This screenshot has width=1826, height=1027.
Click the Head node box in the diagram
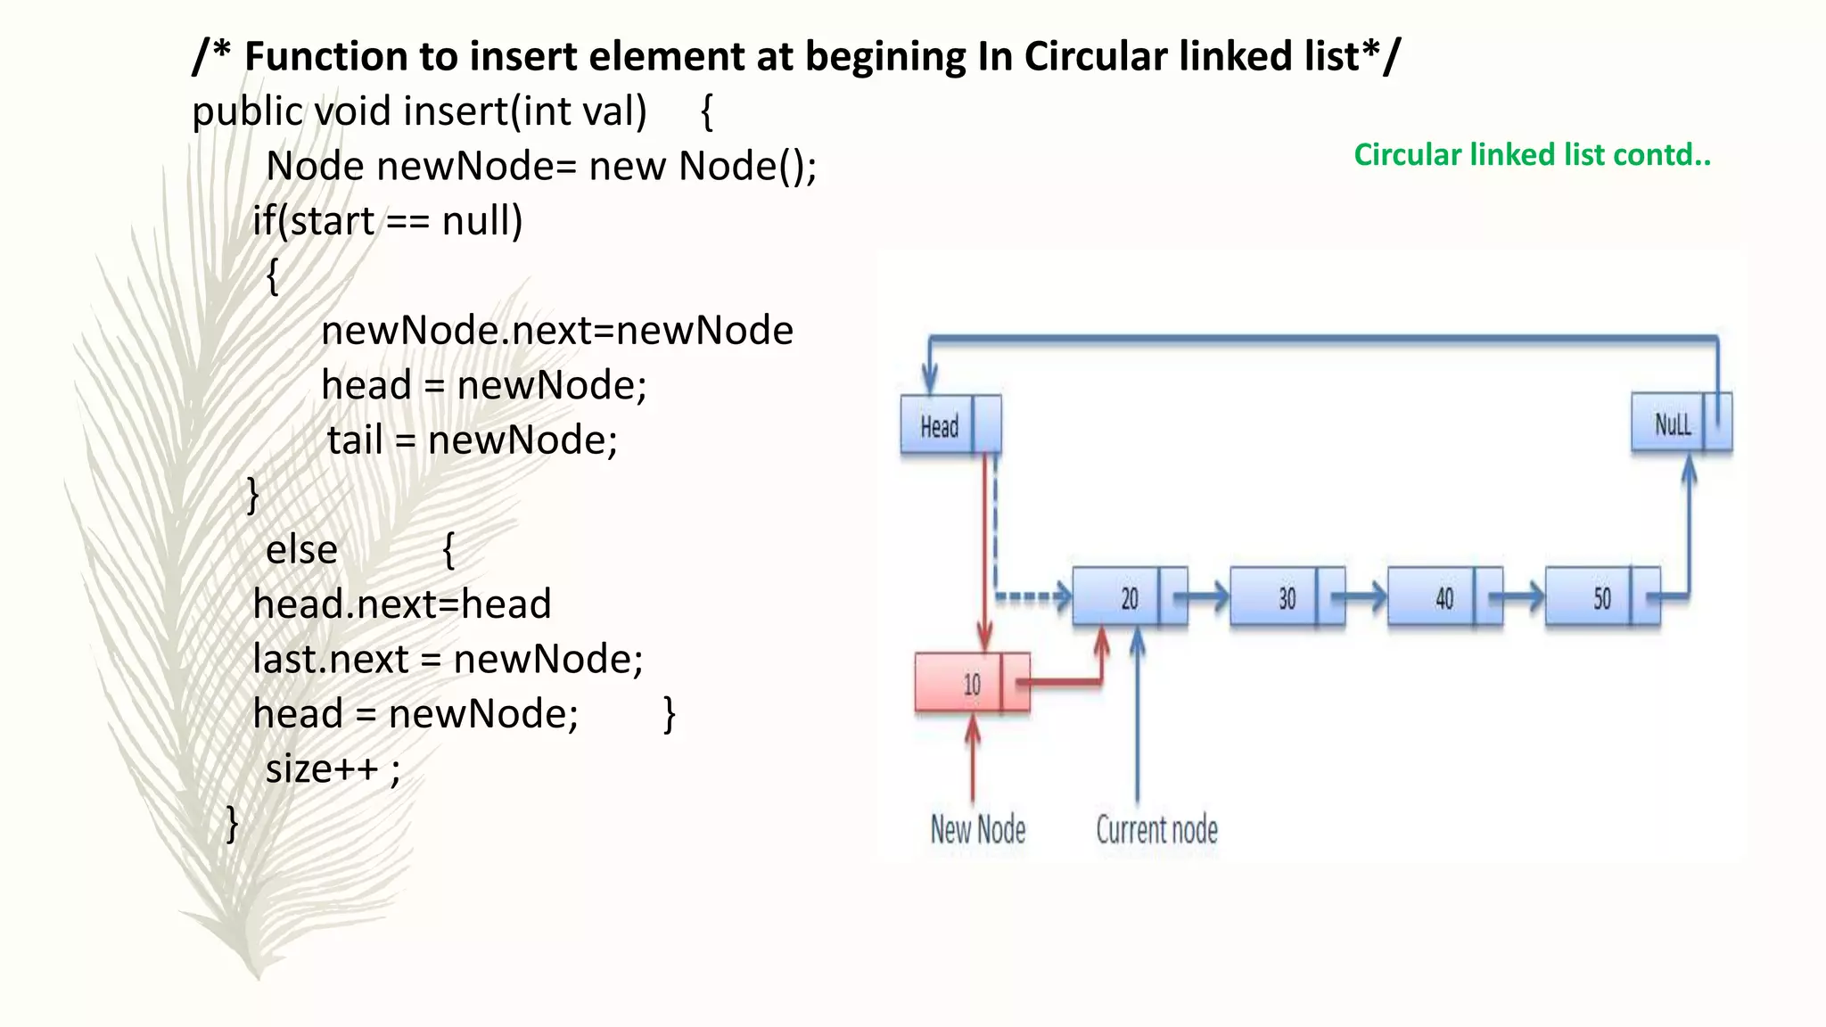(950, 425)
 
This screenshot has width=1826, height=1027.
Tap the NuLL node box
(1681, 423)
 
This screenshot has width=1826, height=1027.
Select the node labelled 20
(1130, 597)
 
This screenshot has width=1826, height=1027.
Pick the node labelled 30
(1287, 597)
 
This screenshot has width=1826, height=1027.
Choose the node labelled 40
(1444, 597)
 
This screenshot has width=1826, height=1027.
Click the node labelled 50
(1602, 597)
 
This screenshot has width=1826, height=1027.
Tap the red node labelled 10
(972, 684)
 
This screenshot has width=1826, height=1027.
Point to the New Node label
(977, 829)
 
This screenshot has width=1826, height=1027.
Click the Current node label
(1156, 829)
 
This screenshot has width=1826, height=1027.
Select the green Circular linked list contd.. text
(1532, 155)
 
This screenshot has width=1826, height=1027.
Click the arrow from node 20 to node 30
(1209, 596)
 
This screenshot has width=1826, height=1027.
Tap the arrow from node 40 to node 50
(1524, 596)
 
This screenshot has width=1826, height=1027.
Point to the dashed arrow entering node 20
(1034, 596)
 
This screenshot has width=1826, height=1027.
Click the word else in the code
(301, 549)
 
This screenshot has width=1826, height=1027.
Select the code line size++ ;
(333, 768)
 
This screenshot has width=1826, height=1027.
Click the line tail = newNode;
(472, 440)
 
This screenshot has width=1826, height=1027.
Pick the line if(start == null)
(387, 220)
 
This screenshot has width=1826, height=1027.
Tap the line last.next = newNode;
(448, 659)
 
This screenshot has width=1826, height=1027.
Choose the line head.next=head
(402, 604)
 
